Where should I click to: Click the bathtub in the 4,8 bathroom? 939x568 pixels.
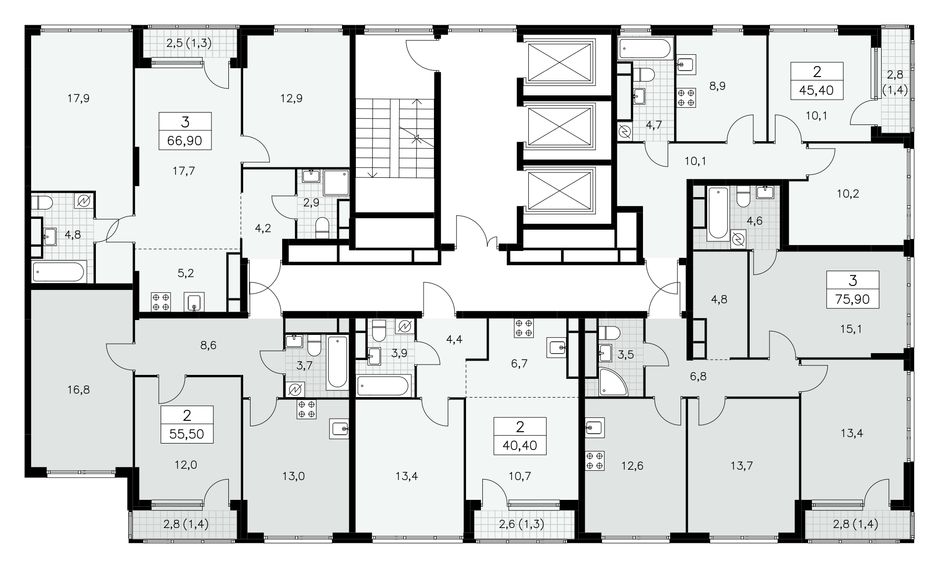(x=59, y=271)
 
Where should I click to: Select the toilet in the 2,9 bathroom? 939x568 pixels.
(x=322, y=227)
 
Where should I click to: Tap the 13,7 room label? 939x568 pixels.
(x=741, y=465)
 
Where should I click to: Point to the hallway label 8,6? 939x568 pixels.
(x=209, y=345)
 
